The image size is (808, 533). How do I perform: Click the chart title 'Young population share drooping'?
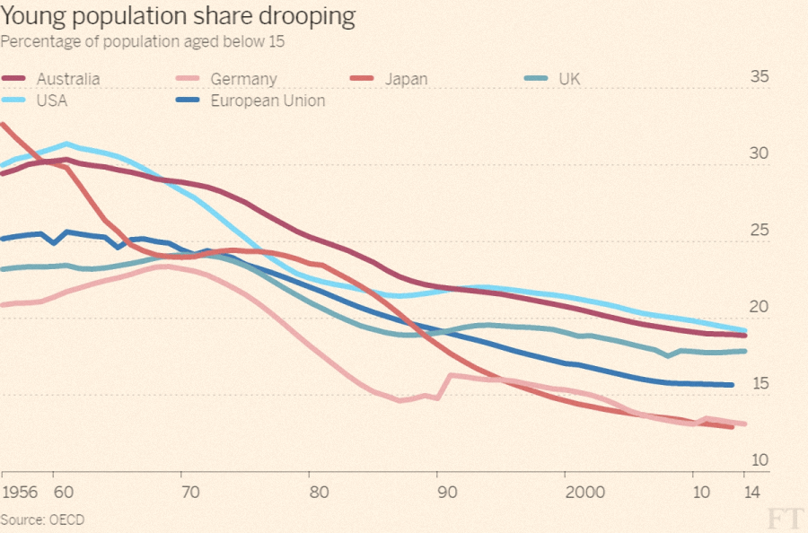click(178, 16)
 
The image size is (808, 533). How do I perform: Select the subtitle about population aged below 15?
click(142, 41)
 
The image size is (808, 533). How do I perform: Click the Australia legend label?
click(68, 79)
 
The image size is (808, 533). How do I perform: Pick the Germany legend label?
click(243, 79)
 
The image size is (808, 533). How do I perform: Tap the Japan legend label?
click(406, 79)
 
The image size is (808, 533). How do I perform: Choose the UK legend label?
click(569, 79)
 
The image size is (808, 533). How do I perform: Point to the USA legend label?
click(52, 100)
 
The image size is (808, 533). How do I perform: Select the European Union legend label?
click(268, 100)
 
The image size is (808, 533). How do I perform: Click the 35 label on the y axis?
click(760, 76)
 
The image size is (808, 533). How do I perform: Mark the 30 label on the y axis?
click(760, 153)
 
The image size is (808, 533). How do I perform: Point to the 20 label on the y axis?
click(760, 306)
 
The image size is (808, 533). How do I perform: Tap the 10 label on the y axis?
click(760, 459)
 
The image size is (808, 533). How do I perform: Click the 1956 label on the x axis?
click(20, 492)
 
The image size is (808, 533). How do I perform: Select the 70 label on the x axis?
click(190, 492)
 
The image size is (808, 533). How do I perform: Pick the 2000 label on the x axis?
click(584, 492)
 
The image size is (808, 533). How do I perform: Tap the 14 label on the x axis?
click(751, 492)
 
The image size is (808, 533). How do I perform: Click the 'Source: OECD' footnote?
click(42, 520)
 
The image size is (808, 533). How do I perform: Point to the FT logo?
click(785, 518)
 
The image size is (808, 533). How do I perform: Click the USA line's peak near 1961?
click(66, 144)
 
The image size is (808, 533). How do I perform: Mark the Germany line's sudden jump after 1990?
click(446, 385)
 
